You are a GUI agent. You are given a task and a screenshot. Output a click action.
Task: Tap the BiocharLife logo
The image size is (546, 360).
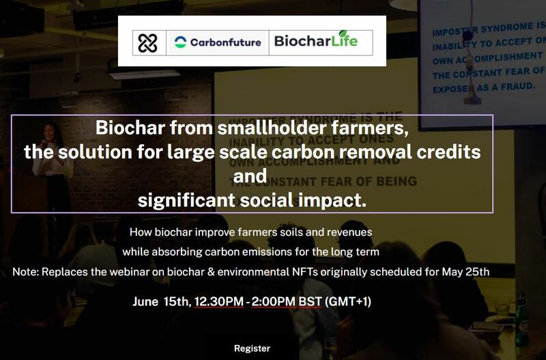tap(315, 42)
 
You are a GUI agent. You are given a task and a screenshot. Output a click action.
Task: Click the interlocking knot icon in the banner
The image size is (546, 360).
tap(148, 42)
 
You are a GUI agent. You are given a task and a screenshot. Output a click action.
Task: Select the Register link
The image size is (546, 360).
tap(252, 348)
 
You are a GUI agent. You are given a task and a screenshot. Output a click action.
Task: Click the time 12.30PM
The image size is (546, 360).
tap(218, 301)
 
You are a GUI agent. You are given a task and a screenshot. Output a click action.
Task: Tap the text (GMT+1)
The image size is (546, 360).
tap(348, 301)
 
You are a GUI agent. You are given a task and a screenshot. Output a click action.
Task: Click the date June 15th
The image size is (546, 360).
tap(162, 301)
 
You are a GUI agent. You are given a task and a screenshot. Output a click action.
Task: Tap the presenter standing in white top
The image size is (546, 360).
tap(61, 164)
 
